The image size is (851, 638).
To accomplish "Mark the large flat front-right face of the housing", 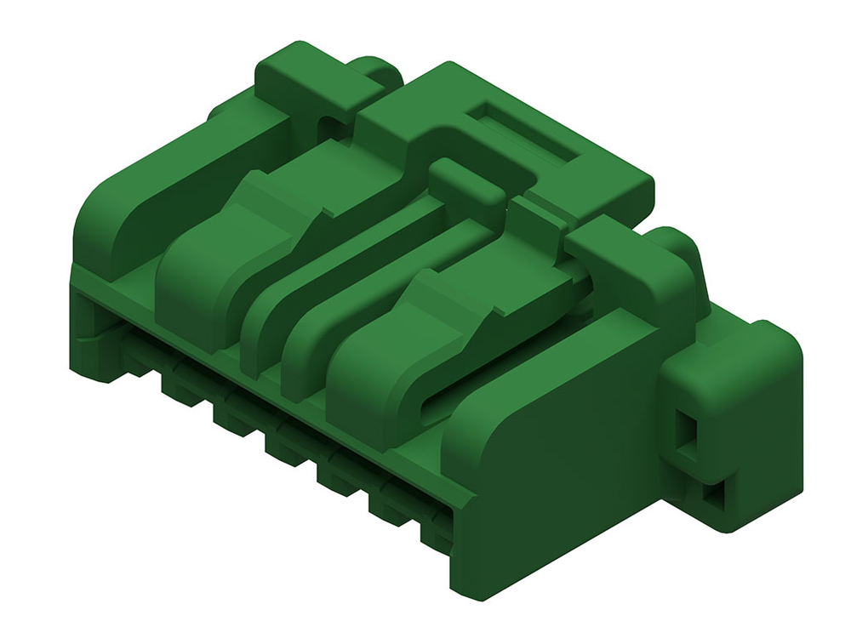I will [x=562, y=476].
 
